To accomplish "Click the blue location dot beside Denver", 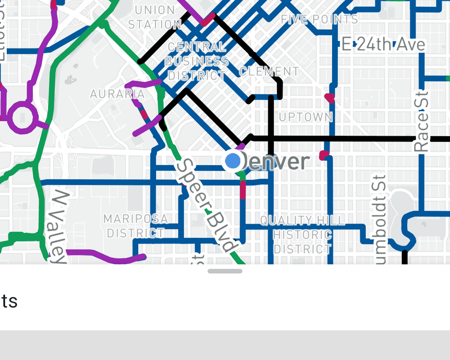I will (233, 160).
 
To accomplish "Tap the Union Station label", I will (155, 17).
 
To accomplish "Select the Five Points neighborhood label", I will (319, 19).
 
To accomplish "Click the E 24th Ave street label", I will (383, 45).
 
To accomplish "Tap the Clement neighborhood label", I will (269, 71).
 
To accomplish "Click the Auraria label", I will (117, 94).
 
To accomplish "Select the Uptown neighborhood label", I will (306, 117).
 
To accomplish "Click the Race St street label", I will (422, 121).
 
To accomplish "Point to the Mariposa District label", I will (135, 226).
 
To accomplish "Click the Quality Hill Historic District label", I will (302, 234).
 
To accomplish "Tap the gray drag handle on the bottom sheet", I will (225, 271).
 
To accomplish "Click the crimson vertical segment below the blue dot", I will (243, 189).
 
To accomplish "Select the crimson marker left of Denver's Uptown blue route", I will (323, 156).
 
